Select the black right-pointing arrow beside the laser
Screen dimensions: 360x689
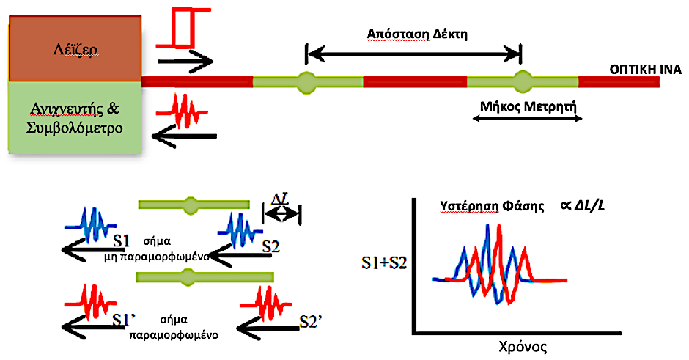[184, 62]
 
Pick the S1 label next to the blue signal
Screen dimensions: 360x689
[122, 239]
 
